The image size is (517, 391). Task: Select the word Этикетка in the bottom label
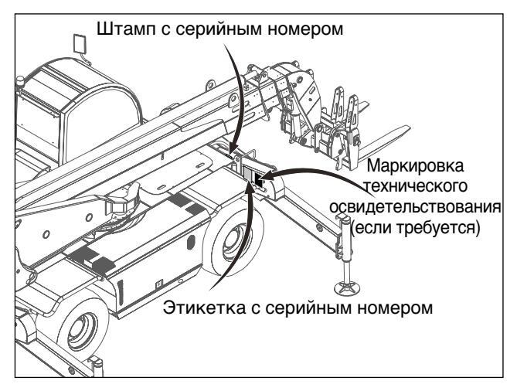click(205, 308)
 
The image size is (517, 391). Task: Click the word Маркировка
click(415, 166)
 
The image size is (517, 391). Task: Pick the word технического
click(416, 186)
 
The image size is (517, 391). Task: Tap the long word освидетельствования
click(415, 208)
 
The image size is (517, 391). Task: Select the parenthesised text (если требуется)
click(415, 228)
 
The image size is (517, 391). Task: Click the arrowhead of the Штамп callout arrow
click(232, 150)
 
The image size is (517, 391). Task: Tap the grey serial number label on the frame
click(247, 173)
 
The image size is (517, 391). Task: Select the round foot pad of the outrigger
click(347, 287)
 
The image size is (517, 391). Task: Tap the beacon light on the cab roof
click(20, 81)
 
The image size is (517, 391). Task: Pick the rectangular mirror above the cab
click(79, 42)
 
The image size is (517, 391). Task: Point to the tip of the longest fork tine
click(410, 127)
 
